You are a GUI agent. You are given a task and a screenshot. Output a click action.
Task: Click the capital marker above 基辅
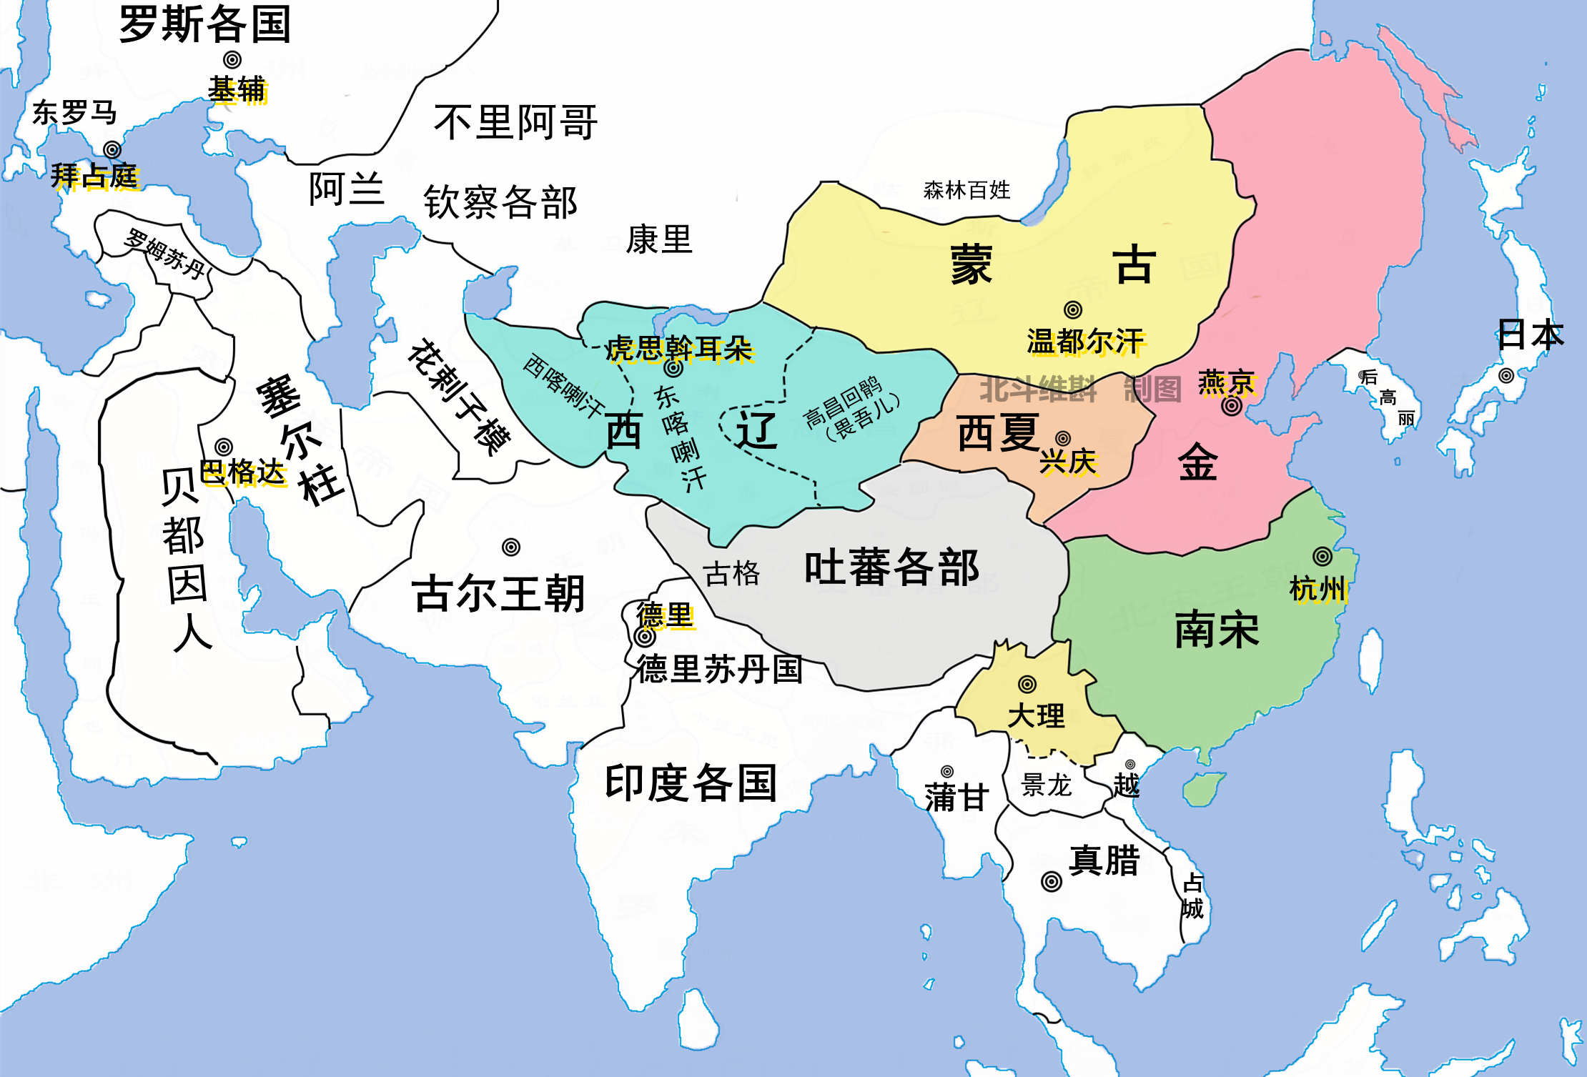[x=232, y=60]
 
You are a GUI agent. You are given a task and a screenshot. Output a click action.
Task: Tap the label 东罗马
[x=74, y=113]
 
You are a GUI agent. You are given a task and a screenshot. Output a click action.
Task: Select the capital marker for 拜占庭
[x=112, y=149]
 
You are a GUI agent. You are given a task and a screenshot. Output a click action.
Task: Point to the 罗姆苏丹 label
[x=165, y=253]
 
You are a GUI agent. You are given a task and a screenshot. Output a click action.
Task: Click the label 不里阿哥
[x=515, y=122]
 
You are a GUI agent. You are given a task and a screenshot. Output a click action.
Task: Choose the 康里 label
[x=659, y=239]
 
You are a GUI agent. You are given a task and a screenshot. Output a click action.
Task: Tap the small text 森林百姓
[x=966, y=190]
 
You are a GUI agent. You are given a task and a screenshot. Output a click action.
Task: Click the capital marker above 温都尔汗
[x=1072, y=309]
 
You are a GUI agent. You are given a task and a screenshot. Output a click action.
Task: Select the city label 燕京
[x=1227, y=382]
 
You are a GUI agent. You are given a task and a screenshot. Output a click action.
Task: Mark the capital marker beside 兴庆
[x=1063, y=438]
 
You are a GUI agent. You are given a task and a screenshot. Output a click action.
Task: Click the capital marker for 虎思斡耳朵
[x=673, y=368]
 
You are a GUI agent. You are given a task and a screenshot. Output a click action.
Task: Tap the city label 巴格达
[x=243, y=472]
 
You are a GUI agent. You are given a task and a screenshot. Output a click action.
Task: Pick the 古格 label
[x=731, y=573]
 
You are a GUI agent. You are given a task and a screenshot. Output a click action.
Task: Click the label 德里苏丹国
[x=720, y=670]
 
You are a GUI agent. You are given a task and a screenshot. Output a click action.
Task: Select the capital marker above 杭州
[x=1322, y=556]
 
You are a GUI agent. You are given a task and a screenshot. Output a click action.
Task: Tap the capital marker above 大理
[x=1027, y=684]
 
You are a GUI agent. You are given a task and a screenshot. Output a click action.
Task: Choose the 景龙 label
[x=1046, y=785]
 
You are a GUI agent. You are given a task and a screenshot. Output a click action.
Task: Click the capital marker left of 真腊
[x=1051, y=881]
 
